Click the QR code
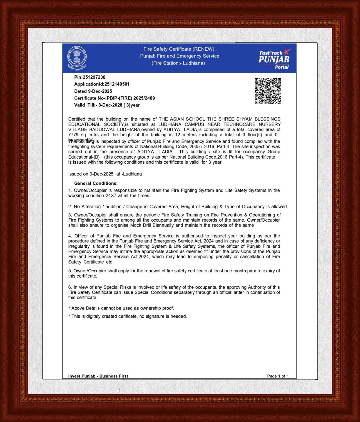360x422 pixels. click(x=268, y=91)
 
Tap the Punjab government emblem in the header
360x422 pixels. click(x=77, y=58)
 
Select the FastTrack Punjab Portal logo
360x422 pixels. click(x=274, y=59)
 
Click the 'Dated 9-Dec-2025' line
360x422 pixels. click(x=93, y=91)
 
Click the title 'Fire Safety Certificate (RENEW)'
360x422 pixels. click(x=179, y=49)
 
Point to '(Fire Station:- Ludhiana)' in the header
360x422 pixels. click(x=178, y=63)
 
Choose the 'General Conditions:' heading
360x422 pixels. click(x=96, y=183)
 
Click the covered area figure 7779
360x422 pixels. click(x=73, y=135)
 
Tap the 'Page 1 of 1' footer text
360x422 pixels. click(x=278, y=376)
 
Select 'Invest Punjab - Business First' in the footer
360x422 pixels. click(x=98, y=376)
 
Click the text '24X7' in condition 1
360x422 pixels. click(x=111, y=196)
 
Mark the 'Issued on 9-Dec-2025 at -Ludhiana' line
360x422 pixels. click(x=105, y=174)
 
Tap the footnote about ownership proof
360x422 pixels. click(x=121, y=308)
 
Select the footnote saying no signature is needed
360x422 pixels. click(x=128, y=316)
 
